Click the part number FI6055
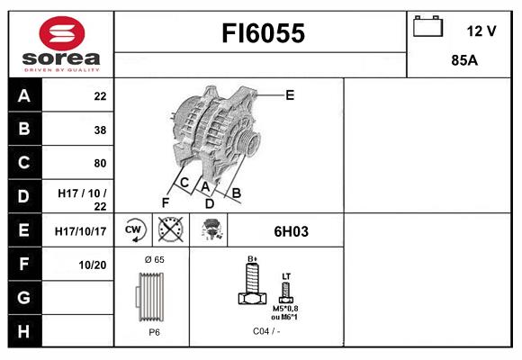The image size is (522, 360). click(264, 34)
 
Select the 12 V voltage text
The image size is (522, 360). click(481, 31)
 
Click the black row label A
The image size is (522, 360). click(23, 96)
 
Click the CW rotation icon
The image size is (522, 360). click(134, 230)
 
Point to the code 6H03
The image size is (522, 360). click(291, 231)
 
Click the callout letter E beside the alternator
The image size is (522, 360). click(290, 94)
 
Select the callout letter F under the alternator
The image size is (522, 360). click(165, 202)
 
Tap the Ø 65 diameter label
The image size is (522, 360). click(154, 259)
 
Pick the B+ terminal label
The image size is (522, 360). click(253, 258)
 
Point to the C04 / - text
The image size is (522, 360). click(265, 331)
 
